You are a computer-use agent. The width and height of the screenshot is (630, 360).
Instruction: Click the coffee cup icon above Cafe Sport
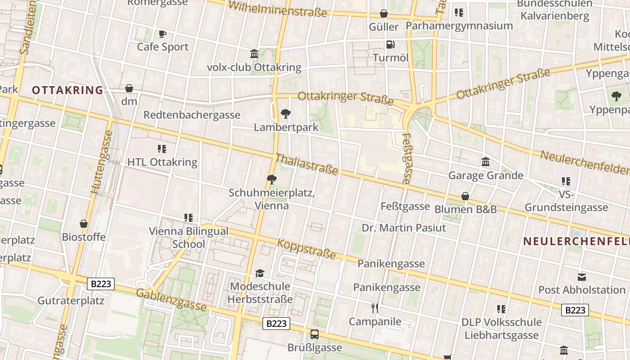[x=162, y=34]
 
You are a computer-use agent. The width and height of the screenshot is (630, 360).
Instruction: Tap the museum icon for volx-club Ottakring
[x=254, y=54]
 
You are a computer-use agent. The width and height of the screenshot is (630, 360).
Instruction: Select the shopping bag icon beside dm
[x=129, y=88]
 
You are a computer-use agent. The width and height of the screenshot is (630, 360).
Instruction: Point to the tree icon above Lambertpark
[x=285, y=114]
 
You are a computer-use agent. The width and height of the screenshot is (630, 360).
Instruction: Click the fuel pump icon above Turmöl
[x=391, y=45]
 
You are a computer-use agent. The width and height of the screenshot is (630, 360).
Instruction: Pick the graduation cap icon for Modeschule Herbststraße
[x=260, y=273]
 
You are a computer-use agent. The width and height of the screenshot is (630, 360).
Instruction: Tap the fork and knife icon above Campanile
[x=375, y=308]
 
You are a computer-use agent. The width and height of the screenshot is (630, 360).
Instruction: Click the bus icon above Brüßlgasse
[x=315, y=334]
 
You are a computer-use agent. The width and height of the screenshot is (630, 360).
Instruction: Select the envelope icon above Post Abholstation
[x=582, y=277]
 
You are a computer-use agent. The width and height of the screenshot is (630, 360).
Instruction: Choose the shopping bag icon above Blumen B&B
[x=465, y=197]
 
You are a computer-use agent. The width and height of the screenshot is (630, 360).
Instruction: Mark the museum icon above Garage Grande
[x=486, y=162]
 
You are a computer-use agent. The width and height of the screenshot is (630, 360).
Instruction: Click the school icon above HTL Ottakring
[x=162, y=149]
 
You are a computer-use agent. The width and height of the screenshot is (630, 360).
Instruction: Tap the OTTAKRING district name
[x=67, y=90]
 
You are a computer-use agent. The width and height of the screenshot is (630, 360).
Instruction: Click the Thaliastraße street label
[x=306, y=164]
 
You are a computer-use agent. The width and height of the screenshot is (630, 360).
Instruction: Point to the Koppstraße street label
[x=306, y=249]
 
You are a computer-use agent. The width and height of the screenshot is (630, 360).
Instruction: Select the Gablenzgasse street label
[x=171, y=300]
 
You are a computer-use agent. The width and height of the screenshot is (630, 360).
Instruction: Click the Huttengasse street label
[x=102, y=162]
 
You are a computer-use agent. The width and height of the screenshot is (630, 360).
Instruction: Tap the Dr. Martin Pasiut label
[x=404, y=228]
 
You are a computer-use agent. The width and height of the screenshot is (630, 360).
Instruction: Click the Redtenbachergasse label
[x=192, y=115]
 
